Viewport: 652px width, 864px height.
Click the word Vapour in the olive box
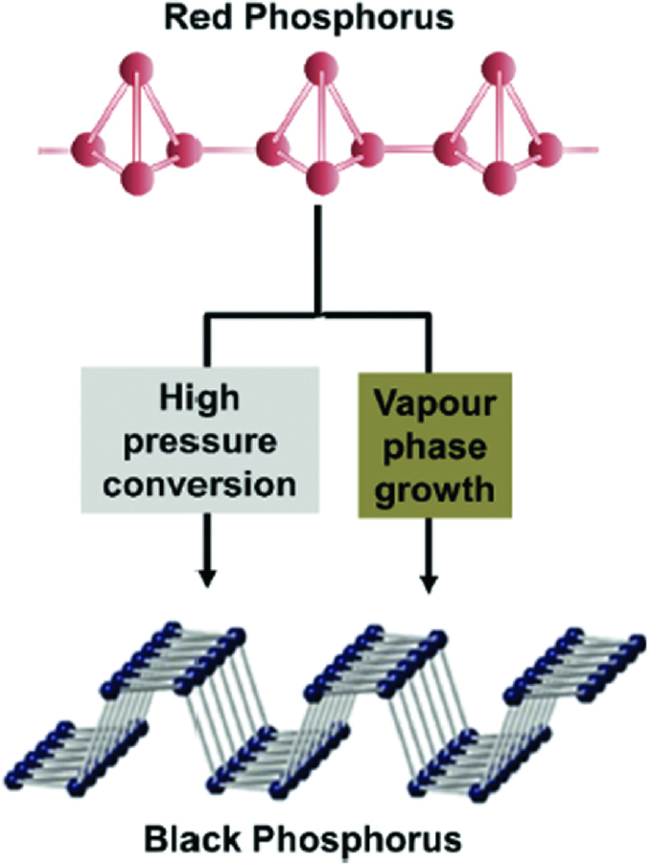434,398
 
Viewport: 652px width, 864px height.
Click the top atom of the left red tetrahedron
136,69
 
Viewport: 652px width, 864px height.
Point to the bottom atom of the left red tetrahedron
136,175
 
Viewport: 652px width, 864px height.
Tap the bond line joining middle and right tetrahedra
410,149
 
